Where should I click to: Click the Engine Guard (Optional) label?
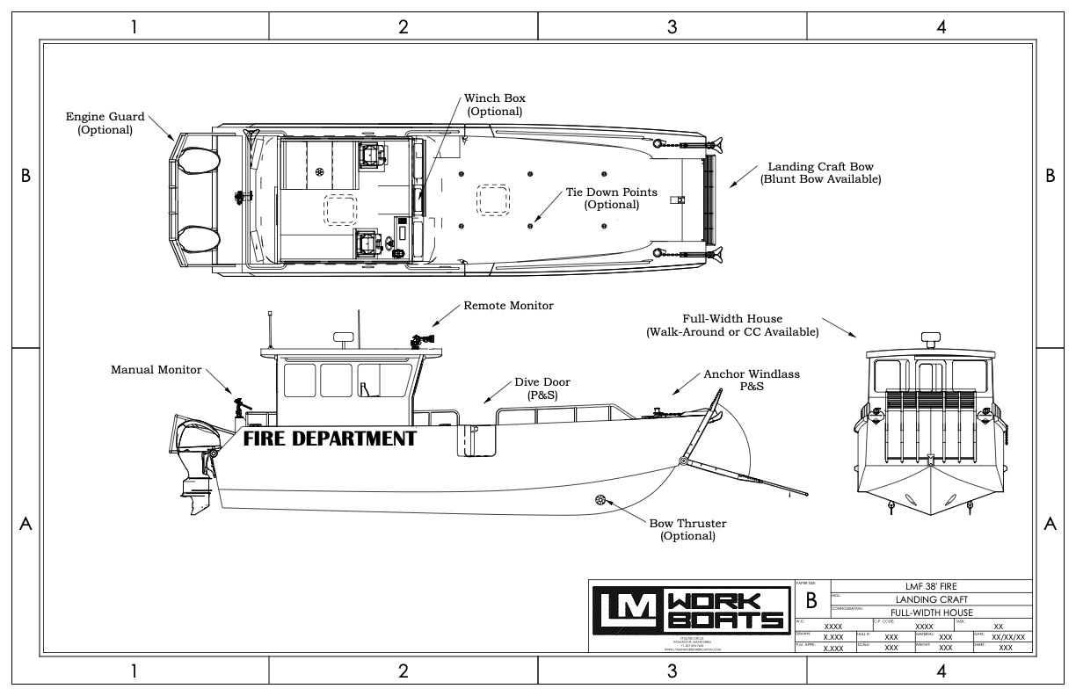(x=105, y=123)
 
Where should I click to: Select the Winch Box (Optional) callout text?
(x=494, y=105)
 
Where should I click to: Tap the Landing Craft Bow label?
(x=820, y=172)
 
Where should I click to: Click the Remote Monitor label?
(x=509, y=306)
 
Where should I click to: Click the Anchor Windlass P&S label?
(x=752, y=380)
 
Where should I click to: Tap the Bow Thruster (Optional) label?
(x=688, y=530)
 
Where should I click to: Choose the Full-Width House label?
(x=732, y=325)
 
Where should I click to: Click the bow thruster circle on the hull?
(x=600, y=500)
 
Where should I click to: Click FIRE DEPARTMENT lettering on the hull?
(x=330, y=439)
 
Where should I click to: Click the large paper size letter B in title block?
(x=811, y=601)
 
